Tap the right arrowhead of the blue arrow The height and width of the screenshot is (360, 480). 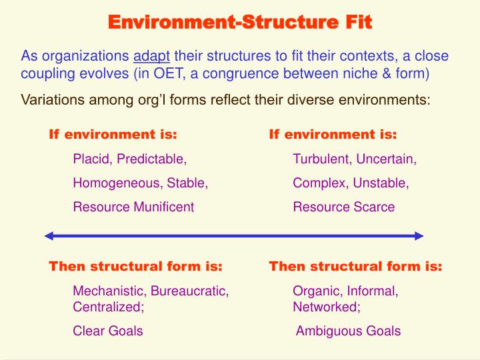419,235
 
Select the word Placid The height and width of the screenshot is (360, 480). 92,159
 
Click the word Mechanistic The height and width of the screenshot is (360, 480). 109,291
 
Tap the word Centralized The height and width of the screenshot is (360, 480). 107,307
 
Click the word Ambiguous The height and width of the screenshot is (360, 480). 326,331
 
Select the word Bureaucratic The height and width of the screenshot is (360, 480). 189,291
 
